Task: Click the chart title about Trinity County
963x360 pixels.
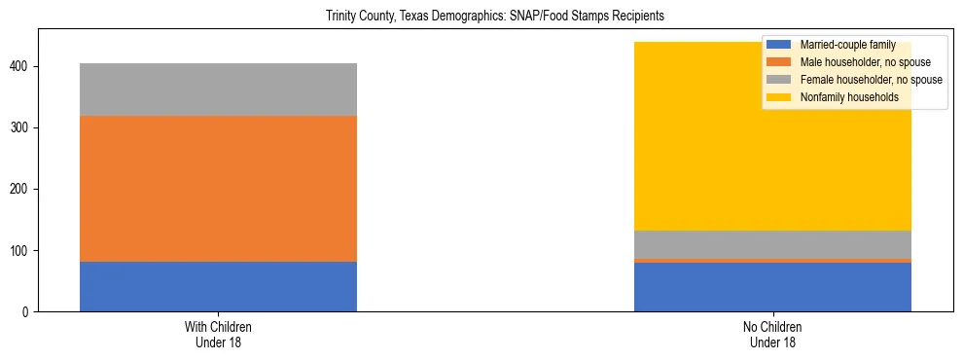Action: pos(481,17)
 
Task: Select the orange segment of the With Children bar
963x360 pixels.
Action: pos(218,189)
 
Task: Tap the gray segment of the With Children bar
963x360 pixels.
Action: pos(218,90)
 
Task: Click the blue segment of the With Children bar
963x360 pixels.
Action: pos(218,286)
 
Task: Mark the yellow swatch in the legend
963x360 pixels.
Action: pos(779,97)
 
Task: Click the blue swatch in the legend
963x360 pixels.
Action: pos(779,45)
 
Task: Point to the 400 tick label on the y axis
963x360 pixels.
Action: pos(21,66)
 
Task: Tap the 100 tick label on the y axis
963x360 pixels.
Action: pos(21,250)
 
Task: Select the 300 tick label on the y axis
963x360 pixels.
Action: pos(21,127)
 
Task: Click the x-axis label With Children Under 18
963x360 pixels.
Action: pos(218,334)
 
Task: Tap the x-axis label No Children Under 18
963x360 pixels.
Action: pos(772,334)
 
